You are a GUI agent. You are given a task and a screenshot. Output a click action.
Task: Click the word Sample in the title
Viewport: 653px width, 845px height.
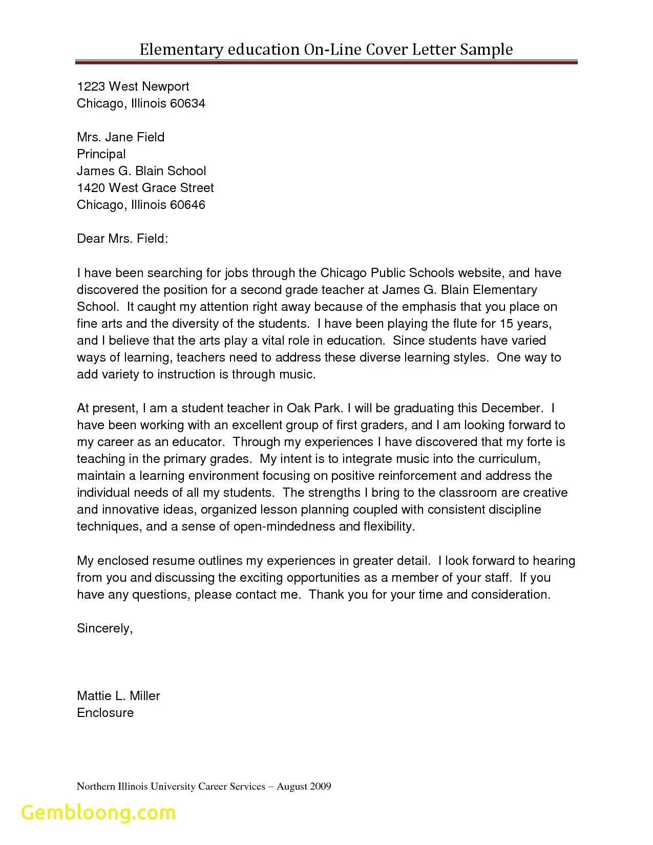point(486,49)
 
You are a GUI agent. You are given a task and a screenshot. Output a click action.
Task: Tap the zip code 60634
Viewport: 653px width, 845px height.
point(187,103)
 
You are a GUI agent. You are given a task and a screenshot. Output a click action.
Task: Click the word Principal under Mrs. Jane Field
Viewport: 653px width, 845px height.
point(101,154)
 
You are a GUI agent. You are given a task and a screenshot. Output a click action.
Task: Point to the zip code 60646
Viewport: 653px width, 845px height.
point(187,205)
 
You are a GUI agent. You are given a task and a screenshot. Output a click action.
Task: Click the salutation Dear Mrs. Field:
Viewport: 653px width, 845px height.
point(122,239)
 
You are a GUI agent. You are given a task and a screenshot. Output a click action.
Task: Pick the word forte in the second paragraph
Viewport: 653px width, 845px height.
point(538,442)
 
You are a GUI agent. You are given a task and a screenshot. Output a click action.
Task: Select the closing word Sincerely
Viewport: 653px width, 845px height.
point(104,628)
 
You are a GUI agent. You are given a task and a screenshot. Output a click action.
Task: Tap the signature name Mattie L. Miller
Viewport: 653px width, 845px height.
point(118,696)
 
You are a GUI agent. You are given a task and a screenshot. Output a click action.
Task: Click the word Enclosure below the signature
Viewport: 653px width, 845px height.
point(105,713)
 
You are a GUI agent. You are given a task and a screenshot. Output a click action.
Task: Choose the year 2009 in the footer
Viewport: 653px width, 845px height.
point(320,786)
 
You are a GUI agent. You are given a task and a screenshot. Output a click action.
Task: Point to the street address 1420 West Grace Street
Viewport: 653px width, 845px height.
point(145,188)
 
